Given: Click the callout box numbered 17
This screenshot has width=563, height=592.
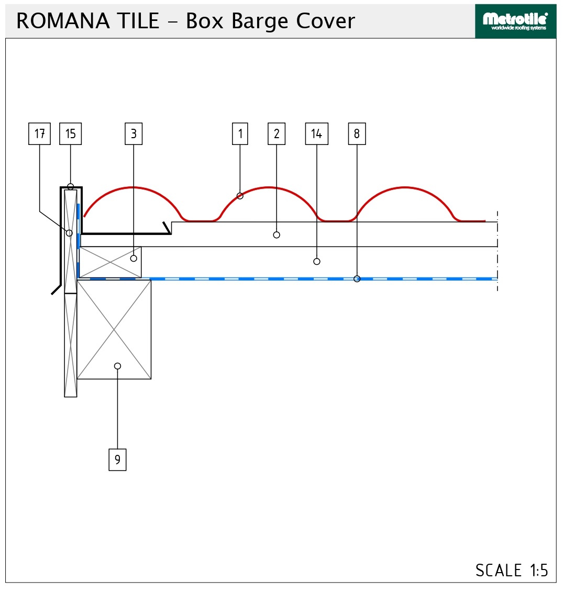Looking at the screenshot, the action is click(39, 133).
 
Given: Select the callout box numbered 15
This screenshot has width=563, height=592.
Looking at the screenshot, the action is click(70, 133).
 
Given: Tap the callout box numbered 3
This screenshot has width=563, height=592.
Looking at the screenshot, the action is click(134, 133).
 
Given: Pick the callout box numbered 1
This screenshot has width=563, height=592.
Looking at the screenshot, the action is click(240, 133).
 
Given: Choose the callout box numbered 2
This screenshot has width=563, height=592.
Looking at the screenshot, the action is click(276, 133).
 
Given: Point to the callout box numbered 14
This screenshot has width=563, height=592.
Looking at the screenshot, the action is click(317, 133).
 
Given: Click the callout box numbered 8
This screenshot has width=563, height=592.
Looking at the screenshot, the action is click(357, 133).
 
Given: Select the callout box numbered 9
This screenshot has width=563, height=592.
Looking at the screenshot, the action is click(117, 460).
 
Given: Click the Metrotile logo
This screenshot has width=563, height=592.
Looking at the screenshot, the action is click(515, 21).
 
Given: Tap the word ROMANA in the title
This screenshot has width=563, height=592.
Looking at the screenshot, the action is click(63, 21).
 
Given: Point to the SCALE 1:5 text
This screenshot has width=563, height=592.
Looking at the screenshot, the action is click(512, 570).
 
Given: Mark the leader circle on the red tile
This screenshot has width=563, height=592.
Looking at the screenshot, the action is click(240, 196).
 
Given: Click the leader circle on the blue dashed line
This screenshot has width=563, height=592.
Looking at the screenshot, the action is click(357, 278).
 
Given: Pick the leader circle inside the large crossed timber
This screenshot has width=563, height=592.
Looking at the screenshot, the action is click(117, 366).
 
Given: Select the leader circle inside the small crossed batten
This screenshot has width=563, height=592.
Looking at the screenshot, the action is click(134, 258).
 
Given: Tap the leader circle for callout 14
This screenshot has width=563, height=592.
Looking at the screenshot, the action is click(317, 261).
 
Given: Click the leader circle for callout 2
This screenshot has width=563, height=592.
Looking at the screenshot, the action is click(276, 235).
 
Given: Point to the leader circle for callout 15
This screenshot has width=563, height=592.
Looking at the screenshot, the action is click(70, 186).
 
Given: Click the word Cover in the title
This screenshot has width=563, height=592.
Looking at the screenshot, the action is click(325, 21).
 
